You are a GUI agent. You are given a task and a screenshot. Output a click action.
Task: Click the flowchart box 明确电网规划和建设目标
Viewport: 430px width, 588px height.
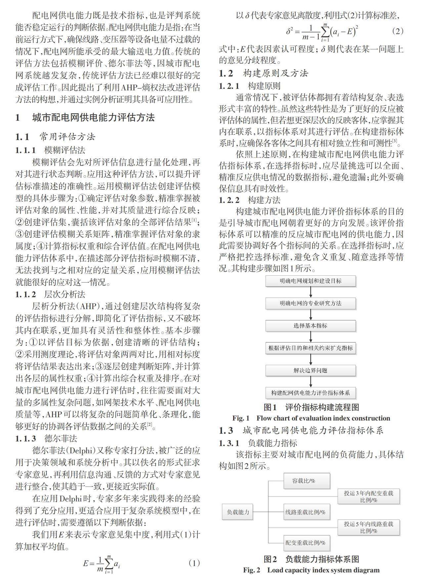pyautogui.click(x=310, y=281)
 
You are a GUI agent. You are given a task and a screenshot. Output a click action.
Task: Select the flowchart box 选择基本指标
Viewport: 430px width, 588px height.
pyautogui.click(x=310, y=326)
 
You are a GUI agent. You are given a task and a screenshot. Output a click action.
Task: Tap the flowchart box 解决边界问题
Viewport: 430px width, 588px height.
pyautogui.click(x=310, y=370)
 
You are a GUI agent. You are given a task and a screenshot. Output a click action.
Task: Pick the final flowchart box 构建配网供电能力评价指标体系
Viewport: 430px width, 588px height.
pyautogui.click(x=310, y=393)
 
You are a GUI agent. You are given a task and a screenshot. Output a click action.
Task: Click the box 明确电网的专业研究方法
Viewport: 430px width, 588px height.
pyautogui.click(x=310, y=303)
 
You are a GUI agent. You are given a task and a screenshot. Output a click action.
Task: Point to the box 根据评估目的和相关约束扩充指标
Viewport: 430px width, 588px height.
pyautogui.click(x=310, y=348)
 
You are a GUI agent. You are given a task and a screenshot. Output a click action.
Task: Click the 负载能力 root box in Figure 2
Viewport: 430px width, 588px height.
pyautogui.click(x=238, y=512)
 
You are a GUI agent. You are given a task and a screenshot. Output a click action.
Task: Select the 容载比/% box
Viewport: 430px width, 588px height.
pyautogui.click(x=307, y=481)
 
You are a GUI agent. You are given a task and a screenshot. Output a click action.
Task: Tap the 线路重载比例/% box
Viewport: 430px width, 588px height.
pyautogui.click(x=307, y=512)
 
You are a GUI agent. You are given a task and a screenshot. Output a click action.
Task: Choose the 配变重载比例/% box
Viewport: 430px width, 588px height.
pyautogui.click(x=307, y=543)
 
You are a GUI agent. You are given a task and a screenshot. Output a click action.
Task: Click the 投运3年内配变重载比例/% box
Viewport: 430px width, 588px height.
pyautogui.click(x=368, y=496)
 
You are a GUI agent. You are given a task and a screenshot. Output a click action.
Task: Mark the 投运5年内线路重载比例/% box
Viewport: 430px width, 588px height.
pyautogui.click(x=368, y=527)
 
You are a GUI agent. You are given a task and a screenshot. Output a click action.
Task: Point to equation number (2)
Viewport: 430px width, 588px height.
pyautogui.click(x=398, y=31)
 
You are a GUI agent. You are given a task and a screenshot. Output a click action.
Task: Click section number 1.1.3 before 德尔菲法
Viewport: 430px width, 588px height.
pyautogui.click(x=25, y=439)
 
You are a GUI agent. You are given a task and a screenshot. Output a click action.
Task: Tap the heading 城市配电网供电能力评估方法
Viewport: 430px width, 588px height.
pyautogui.click(x=94, y=118)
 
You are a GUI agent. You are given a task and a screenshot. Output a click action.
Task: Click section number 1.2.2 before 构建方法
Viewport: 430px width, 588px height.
pyautogui.click(x=229, y=200)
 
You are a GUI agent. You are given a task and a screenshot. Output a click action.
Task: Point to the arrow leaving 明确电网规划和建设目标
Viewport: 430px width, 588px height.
pyautogui.click(x=310, y=292)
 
